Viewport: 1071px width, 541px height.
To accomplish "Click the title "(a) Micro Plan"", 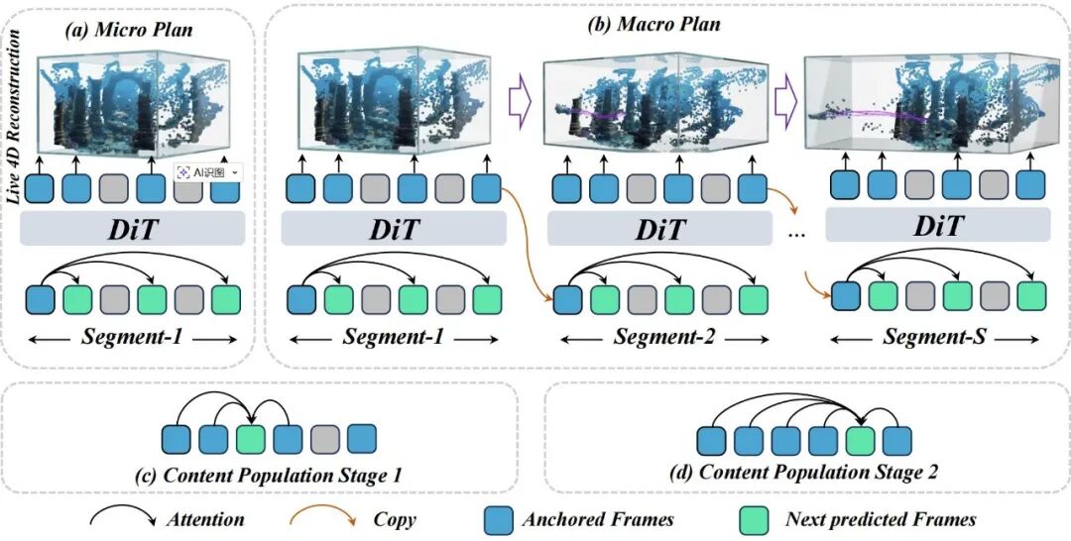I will click(x=128, y=30).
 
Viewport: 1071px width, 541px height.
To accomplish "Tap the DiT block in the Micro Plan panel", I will click(x=133, y=229).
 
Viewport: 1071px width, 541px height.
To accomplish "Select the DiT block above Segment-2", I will click(x=661, y=230).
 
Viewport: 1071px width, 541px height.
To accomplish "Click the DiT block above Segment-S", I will click(x=937, y=227).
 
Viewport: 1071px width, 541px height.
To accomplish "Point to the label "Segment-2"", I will click(x=660, y=336).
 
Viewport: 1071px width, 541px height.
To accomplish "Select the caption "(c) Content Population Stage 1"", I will click(x=262, y=475).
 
